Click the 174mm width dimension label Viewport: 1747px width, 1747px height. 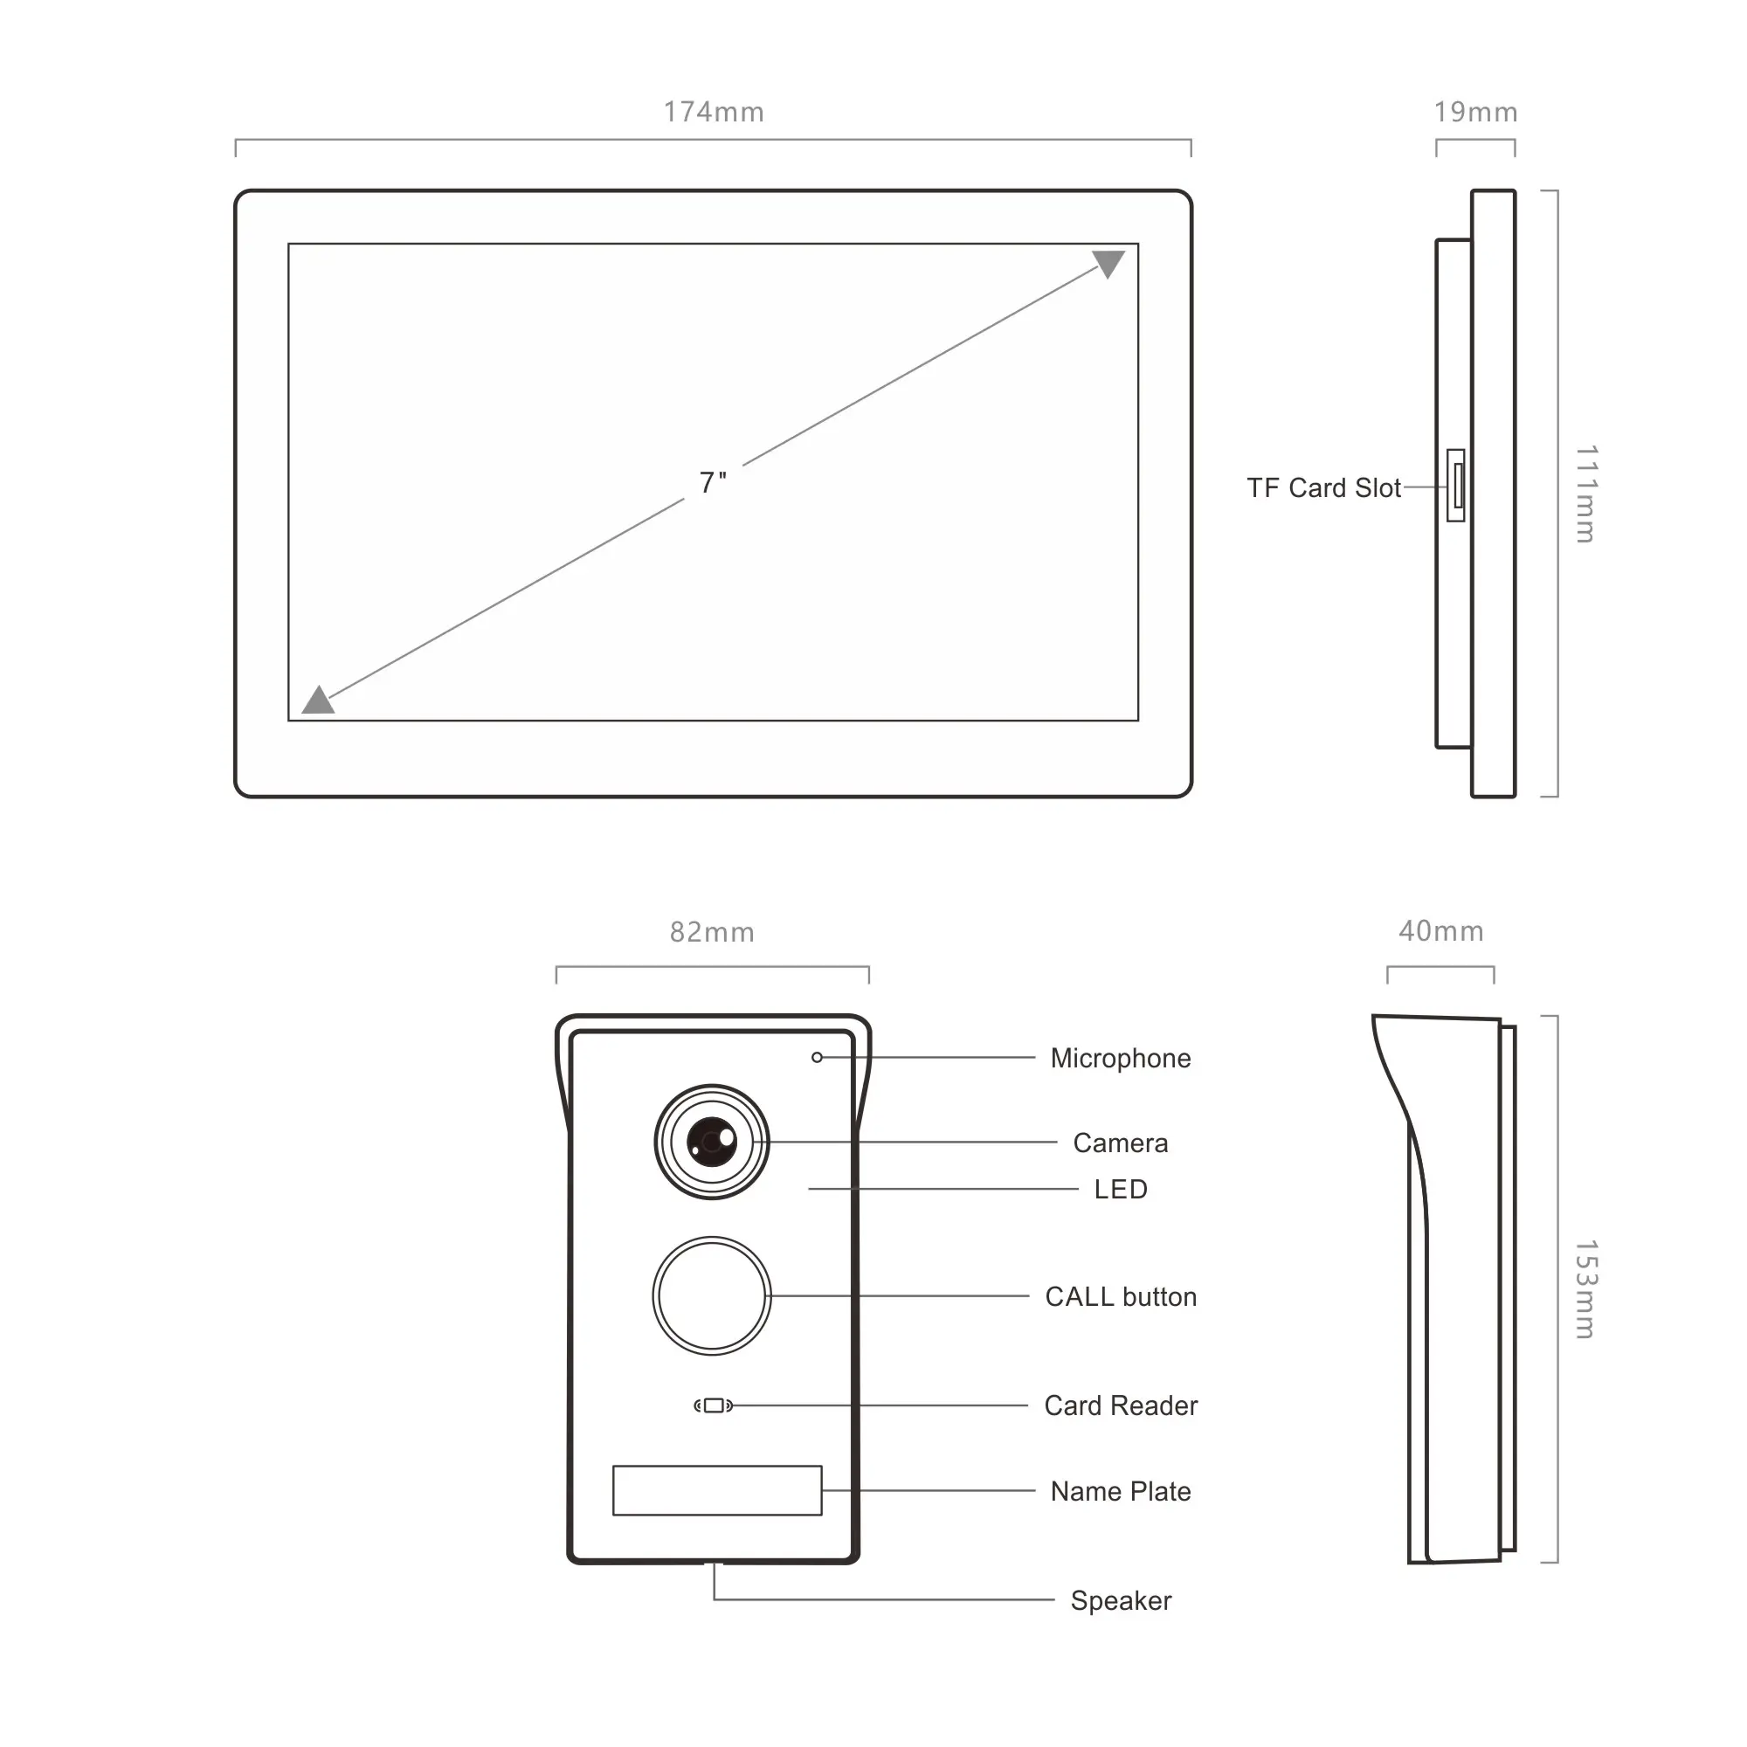(714, 112)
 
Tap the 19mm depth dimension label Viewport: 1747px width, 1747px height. (1475, 112)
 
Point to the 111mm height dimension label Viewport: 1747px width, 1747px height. (1586, 494)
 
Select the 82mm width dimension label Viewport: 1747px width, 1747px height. (712, 932)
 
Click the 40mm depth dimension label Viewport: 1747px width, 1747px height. (1441, 931)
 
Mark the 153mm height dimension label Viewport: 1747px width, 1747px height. (1586, 1289)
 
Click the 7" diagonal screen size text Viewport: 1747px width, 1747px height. (713, 483)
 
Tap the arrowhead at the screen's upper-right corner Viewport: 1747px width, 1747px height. (1108, 264)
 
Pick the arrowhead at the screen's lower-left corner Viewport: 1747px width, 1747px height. (317, 700)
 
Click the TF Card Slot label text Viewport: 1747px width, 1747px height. (1324, 488)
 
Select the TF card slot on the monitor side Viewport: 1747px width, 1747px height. (1456, 486)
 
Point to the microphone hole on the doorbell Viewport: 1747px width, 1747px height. (817, 1057)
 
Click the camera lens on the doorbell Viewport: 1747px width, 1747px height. (712, 1142)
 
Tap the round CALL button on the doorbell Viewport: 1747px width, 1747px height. (712, 1295)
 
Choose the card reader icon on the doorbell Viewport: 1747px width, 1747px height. (714, 1405)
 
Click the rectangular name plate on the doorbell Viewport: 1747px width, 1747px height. (717, 1490)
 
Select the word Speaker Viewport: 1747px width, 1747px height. (1121, 1601)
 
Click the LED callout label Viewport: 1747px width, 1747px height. (1121, 1189)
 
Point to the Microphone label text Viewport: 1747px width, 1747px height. (1121, 1059)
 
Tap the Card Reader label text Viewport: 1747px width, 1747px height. (1121, 1406)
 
